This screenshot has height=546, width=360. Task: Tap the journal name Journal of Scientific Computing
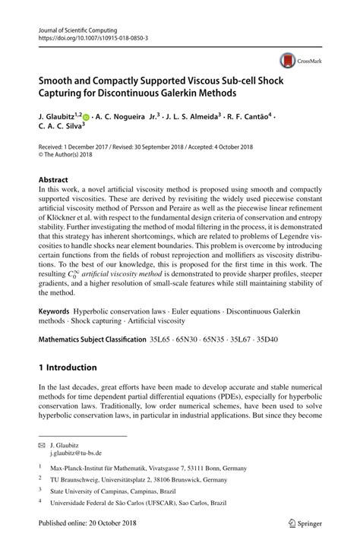(x=76, y=25)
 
